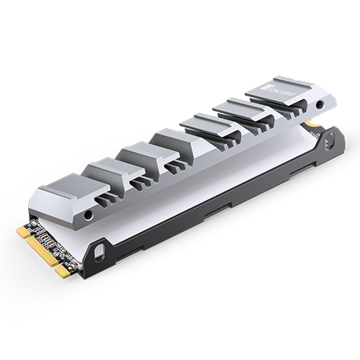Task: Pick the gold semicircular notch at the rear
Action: (315, 124)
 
